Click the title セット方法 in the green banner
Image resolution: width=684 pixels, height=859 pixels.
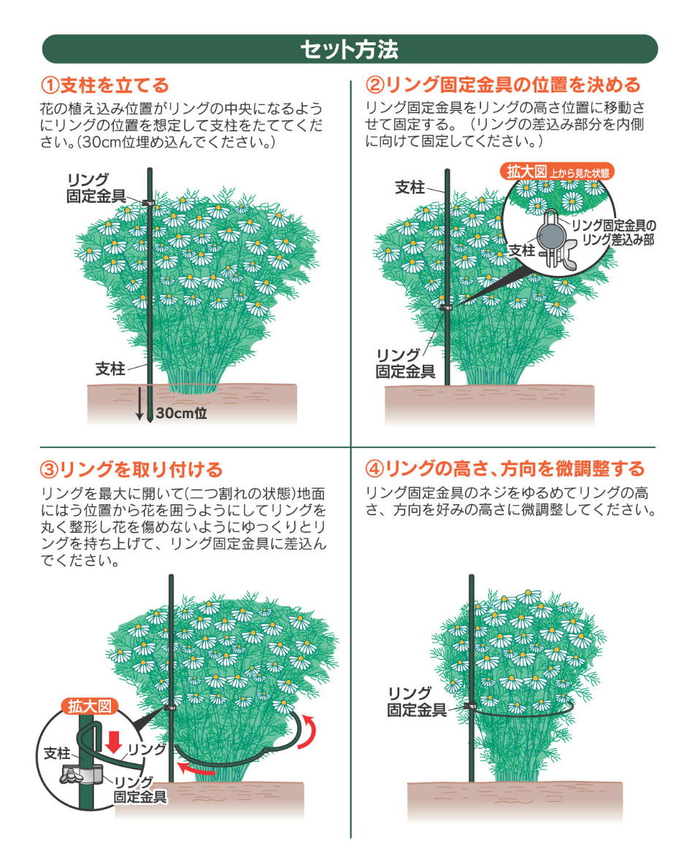pyautogui.click(x=349, y=50)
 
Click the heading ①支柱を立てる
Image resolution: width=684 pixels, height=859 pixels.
pyautogui.click(x=104, y=85)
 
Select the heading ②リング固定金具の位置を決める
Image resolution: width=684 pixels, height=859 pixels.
pyautogui.click(x=503, y=85)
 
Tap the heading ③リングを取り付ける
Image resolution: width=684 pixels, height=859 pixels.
pyautogui.click(x=131, y=469)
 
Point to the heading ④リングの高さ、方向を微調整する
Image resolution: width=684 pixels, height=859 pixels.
pyautogui.click(x=505, y=469)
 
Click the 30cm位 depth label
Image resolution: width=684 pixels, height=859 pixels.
pyautogui.click(x=182, y=412)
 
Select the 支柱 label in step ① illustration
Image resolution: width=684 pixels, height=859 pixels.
pyautogui.click(x=110, y=369)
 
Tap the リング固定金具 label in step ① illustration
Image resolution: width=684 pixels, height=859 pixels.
pyautogui.click(x=96, y=188)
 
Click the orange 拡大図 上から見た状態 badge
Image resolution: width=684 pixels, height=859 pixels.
pyautogui.click(x=558, y=172)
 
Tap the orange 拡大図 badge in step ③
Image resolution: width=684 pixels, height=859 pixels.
pyautogui.click(x=91, y=706)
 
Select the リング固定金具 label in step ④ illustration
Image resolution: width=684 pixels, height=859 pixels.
pyautogui.click(x=417, y=702)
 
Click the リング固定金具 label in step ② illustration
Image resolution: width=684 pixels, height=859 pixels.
pyautogui.click(x=405, y=363)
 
